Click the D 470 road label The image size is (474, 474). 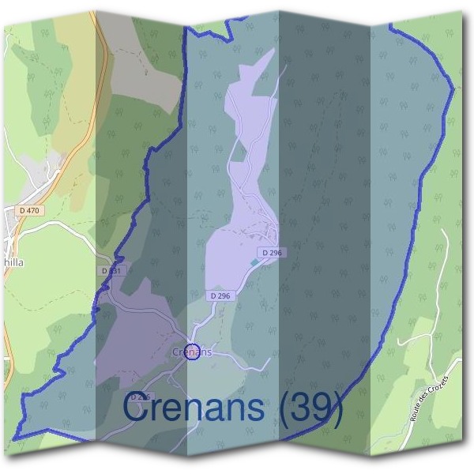point(29,211)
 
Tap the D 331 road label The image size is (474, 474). point(113,271)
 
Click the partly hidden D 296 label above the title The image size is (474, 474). point(138,396)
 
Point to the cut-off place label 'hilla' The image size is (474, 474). point(13,266)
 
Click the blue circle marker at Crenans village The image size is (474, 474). point(190,352)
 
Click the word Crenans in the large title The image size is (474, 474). point(194,408)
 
